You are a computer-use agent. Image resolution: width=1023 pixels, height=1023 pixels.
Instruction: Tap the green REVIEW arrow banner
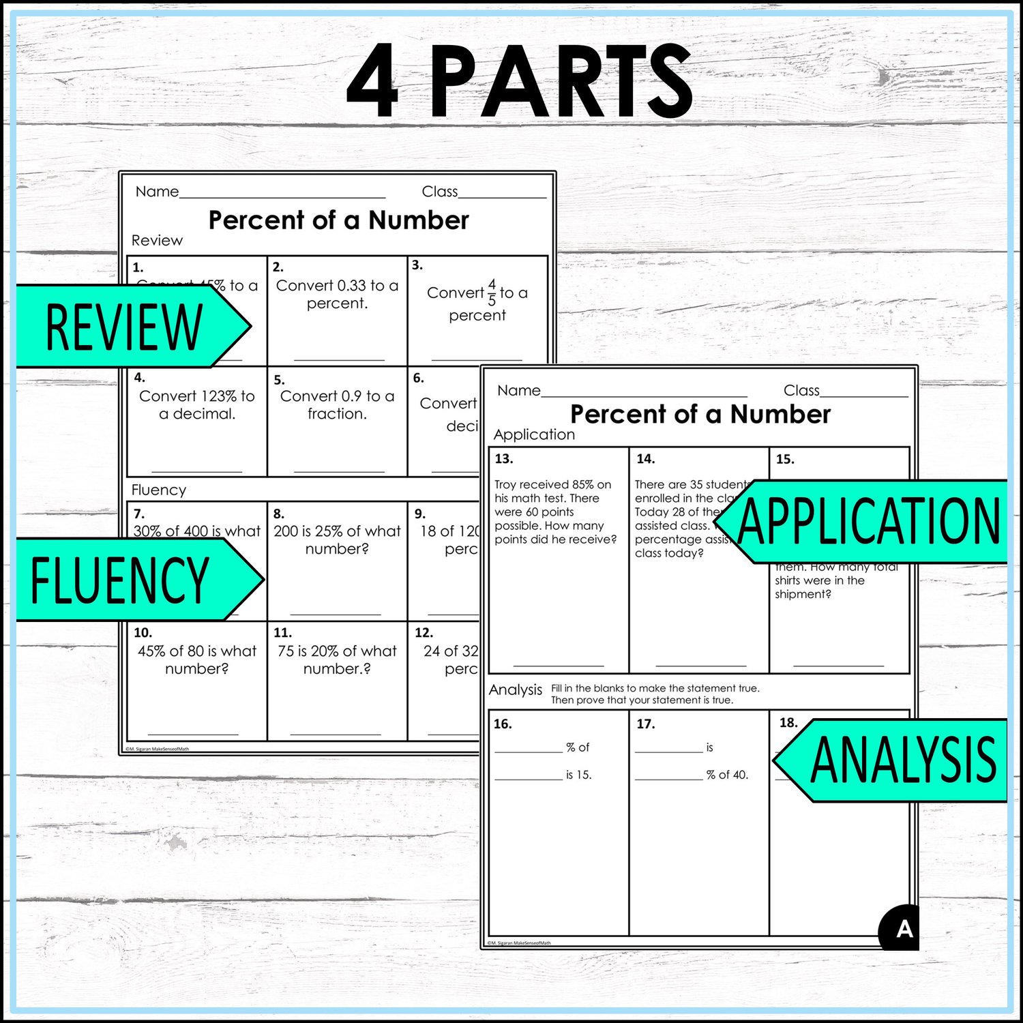point(130,327)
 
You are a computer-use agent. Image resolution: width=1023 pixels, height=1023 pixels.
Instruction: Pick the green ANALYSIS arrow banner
point(893,760)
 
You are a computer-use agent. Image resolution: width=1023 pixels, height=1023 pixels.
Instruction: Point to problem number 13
point(504,459)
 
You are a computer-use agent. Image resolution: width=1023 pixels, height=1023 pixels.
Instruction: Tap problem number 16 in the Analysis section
point(503,724)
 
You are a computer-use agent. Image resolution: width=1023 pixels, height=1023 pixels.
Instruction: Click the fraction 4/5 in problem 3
point(492,293)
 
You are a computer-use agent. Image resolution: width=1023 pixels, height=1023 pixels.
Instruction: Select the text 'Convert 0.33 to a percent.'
point(337,294)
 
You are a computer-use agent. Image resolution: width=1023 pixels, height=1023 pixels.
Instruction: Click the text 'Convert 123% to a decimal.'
point(197,404)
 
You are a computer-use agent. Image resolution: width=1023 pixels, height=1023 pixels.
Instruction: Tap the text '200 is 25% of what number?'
point(337,539)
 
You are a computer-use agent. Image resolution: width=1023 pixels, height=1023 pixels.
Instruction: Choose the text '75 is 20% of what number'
point(337,659)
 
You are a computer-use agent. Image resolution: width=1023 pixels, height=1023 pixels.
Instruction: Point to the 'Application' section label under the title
point(534,434)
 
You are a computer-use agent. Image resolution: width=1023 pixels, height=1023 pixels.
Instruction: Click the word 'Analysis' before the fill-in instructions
point(516,690)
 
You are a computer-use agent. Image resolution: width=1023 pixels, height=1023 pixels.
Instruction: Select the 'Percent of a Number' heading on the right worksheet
point(700,414)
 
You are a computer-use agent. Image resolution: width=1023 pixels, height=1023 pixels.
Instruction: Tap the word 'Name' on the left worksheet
point(157,192)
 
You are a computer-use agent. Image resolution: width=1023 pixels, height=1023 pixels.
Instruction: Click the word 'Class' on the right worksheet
point(801,391)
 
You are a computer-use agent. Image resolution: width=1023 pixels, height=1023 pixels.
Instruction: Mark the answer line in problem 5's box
point(339,471)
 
